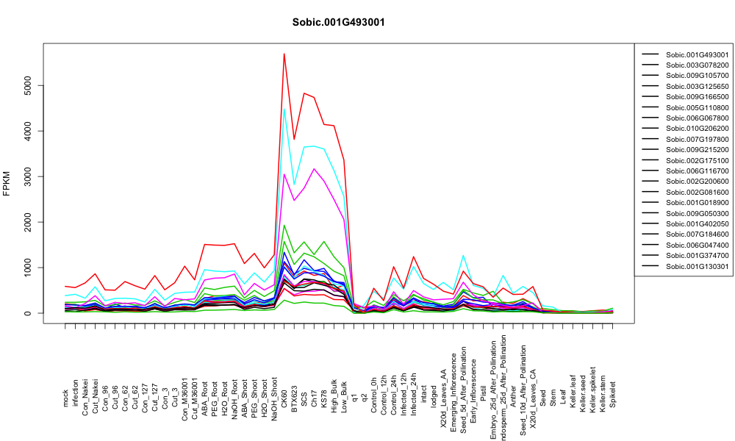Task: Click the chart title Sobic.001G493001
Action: (338, 22)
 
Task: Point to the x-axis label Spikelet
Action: (613, 394)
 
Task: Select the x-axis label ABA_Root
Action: (205, 385)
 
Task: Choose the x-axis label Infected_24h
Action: (414, 382)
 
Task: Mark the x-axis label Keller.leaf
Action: (573, 390)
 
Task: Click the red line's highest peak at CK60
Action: (284, 54)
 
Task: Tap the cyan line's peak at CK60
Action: (284, 110)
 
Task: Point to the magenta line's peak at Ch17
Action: (314, 169)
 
